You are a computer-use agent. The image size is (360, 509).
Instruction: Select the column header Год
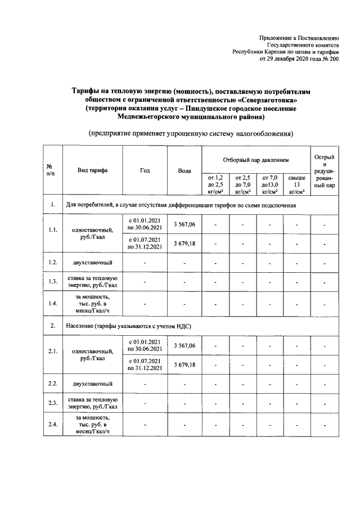(x=145, y=170)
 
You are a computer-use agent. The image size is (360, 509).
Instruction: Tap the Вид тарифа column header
(x=93, y=170)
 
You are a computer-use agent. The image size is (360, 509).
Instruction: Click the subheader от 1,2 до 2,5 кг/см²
(x=215, y=184)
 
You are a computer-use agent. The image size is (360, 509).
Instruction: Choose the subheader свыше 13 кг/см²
(x=296, y=184)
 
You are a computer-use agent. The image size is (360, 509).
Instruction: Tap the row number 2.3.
(x=53, y=403)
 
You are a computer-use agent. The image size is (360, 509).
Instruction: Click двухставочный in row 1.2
(x=92, y=262)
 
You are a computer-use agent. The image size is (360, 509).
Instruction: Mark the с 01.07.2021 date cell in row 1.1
(x=145, y=242)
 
